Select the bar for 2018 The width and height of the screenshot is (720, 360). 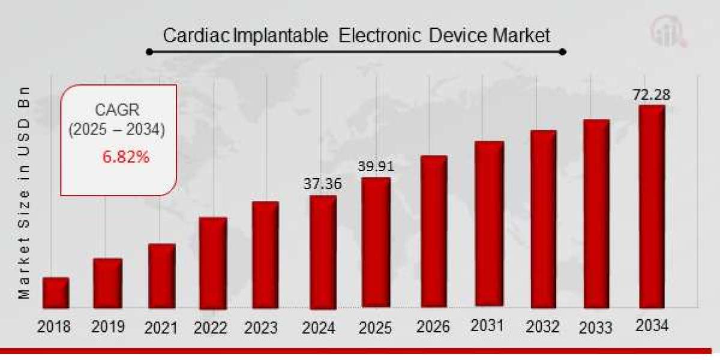(x=56, y=292)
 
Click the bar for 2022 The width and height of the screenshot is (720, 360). (x=213, y=263)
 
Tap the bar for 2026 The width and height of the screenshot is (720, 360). (x=434, y=232)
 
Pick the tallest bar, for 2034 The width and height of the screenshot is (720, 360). (x=652, y=206)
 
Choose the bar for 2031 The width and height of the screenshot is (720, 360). (x=489, y=224)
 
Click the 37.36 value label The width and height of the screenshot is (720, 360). (x=323, y=184)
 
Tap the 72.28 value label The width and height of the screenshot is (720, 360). (x=651, y=95)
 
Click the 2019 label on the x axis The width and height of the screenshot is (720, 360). (x=108, y=327)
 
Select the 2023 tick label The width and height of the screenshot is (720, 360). (x=261, y=328)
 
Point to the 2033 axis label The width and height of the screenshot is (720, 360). (x=596, y=328)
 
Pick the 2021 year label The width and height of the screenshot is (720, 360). (x=161, y=328)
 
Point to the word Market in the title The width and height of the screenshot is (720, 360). (x=521, y=35)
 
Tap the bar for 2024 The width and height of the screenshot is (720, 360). (x=323, y=252)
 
